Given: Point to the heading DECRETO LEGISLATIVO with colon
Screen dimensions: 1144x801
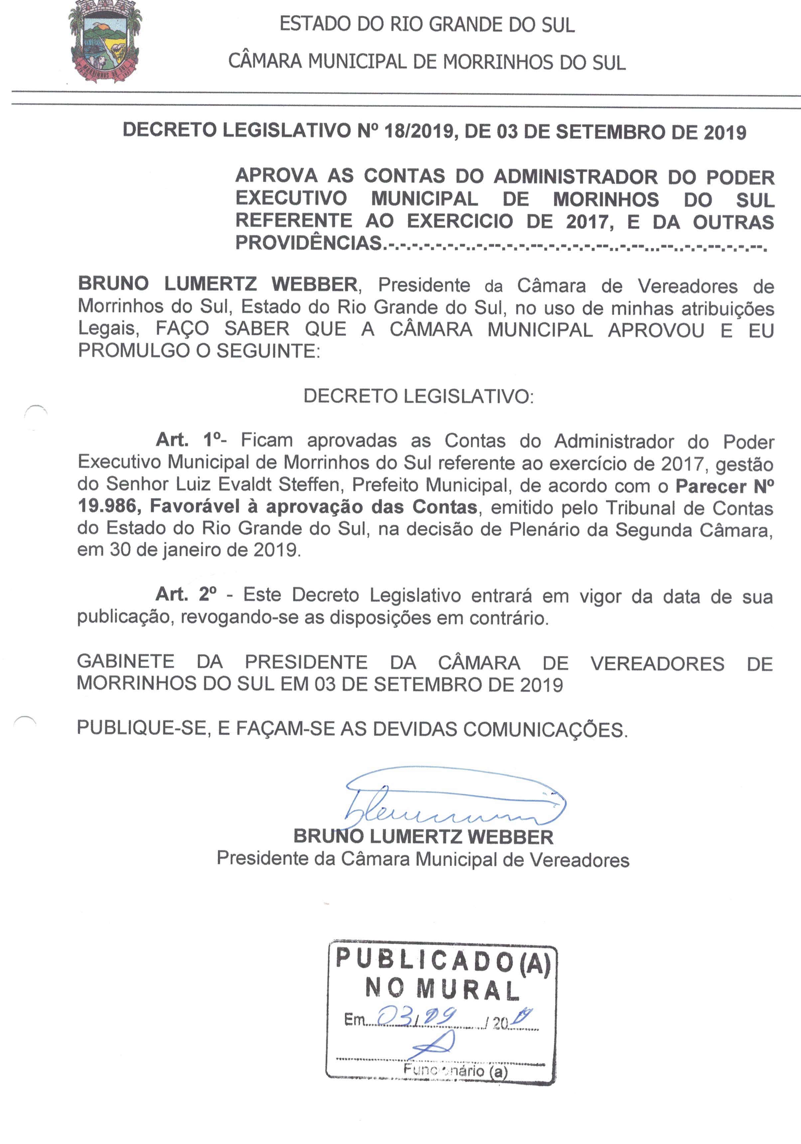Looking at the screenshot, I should (418, 396).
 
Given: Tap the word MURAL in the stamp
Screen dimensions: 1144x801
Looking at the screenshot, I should (468, 990).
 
